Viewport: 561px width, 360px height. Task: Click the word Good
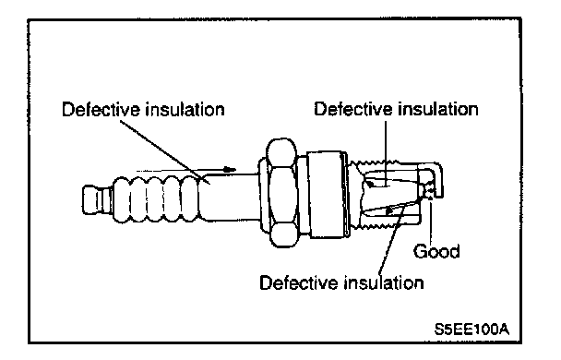pos(436,251)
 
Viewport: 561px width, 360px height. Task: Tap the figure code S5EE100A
pos(471,329)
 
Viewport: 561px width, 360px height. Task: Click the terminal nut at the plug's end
pos(96,199)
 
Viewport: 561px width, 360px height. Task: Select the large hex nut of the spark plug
pos(281,193)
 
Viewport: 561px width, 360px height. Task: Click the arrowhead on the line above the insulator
pos(230,169)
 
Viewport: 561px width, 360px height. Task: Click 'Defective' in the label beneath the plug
pos(299,282)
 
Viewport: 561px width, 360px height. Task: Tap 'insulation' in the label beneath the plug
pos(384,282)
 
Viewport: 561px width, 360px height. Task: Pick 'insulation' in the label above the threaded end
pos(438,109)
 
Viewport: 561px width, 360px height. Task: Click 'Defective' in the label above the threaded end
pos(353,109)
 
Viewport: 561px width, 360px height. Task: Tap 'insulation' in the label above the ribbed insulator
pos(185,109)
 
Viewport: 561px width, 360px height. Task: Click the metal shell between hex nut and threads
pos(327,194)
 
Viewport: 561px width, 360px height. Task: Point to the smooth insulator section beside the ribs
pos(229,197)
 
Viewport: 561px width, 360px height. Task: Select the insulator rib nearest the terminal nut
pos(121,199)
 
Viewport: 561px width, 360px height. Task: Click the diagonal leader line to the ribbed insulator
pos(164,152)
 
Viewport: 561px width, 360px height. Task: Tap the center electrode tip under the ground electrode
pos(426,192)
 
